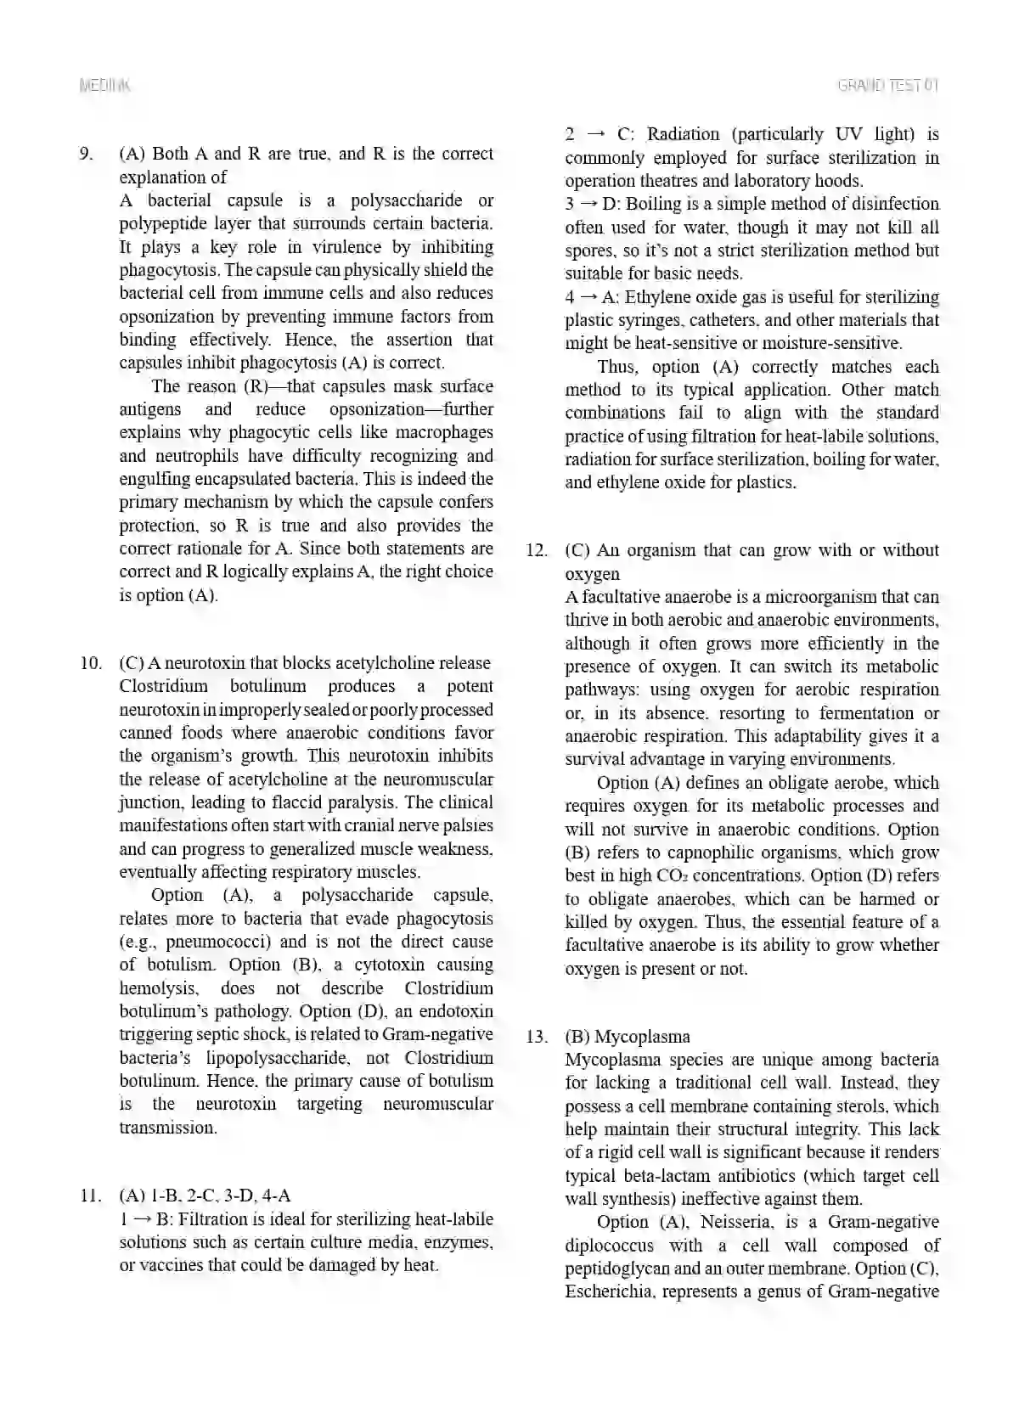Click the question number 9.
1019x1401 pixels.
click(x=85, y=155)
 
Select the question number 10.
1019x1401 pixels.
click(x=90, y=663)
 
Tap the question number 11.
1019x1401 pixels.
click(x=90, y=1196)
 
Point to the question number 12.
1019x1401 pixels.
click(x=536, y=550)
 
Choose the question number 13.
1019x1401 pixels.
click(x=536, y=1037)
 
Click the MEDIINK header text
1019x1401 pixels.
click(x=104, y=85)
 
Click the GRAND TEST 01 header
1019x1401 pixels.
click(x=888, y=85)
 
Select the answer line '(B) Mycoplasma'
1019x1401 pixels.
click(x=628, y=1037)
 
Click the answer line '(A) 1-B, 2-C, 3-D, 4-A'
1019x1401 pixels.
click(x=205, y=1196)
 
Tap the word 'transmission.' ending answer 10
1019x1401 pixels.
click(x=168, y=1128)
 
